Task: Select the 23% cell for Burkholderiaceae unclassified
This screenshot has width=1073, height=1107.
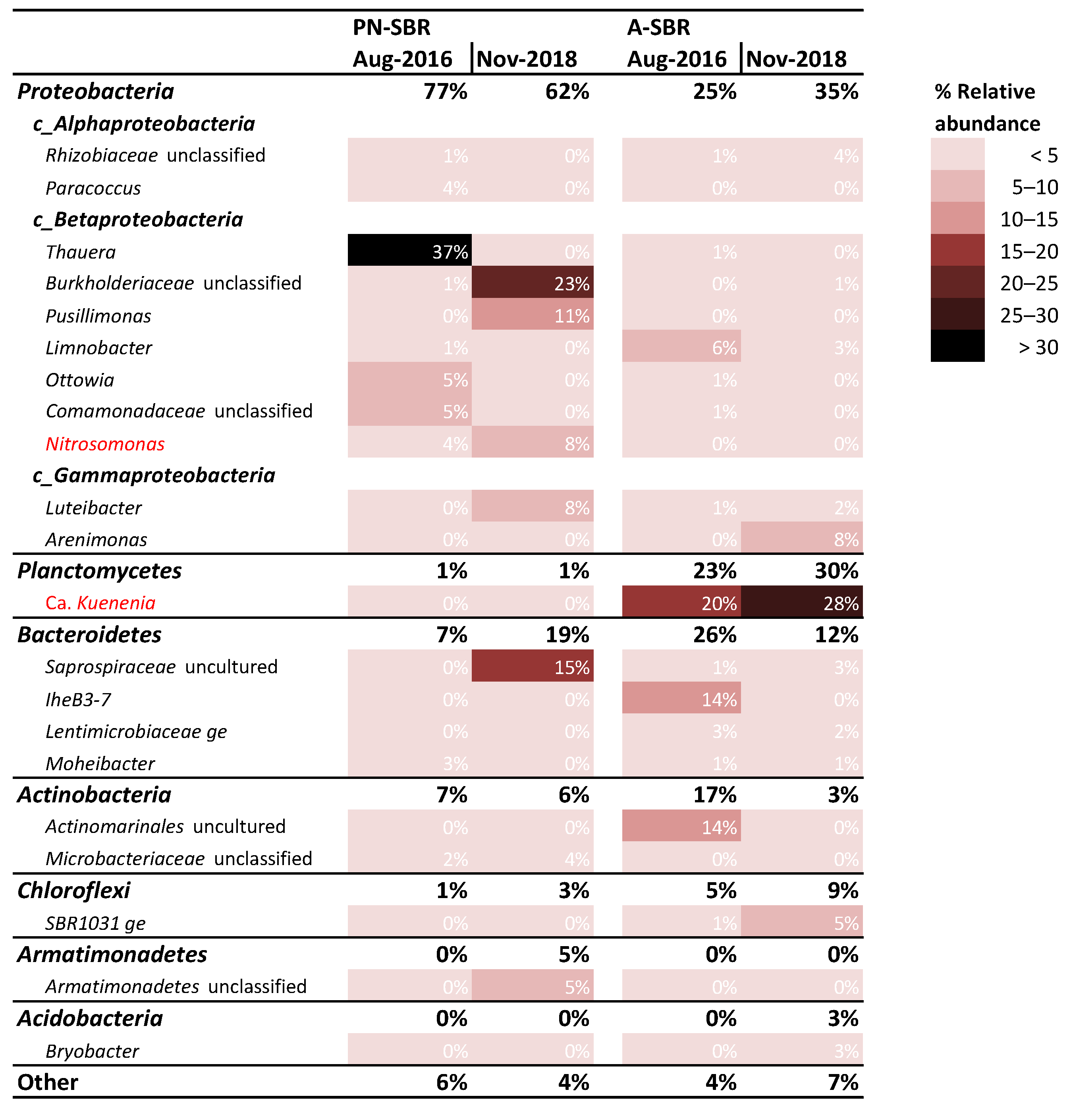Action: (532, 282)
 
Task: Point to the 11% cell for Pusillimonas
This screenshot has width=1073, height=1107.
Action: (532, 315)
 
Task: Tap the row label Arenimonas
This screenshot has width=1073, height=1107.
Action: (96, 540)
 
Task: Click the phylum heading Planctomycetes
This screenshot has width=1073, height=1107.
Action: (99, 570)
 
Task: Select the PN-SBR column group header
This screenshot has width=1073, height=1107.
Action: (392, 27)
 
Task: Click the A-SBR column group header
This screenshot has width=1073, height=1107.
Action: (658, 27)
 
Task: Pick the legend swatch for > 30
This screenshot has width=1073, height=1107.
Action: (957, 346)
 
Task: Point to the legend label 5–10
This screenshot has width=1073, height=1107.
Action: (1034, 187)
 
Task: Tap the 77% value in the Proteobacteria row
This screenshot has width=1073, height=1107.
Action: (446, 91)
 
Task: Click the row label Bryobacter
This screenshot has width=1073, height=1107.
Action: (92, 1051)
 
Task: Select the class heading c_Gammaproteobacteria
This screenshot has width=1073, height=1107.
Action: (154, 475)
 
